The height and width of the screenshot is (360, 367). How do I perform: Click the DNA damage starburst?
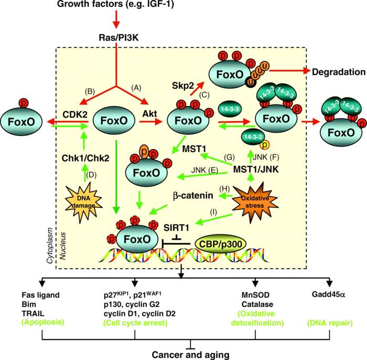[84, 202]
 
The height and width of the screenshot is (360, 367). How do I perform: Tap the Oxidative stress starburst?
[255, 202]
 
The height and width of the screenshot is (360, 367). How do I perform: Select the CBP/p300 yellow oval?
[220, 244]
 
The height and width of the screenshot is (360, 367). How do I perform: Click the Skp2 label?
[183, 86]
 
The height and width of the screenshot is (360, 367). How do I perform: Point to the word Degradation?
[339, 72]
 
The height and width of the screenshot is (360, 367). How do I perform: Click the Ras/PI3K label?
[118, 37]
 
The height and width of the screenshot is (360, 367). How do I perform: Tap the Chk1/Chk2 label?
[85, 158]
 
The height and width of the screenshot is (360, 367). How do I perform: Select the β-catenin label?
[193, 196]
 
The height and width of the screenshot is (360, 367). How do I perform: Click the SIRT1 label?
[176, 227]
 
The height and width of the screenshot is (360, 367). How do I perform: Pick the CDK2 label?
[75, 114]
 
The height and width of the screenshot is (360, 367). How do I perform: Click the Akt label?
[150, 114]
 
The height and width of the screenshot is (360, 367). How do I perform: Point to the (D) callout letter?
[91, 175]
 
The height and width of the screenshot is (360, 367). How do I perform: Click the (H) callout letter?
[224, 188]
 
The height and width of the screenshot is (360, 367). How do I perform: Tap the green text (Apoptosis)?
[43, 322]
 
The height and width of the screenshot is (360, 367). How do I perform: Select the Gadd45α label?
[328, 294]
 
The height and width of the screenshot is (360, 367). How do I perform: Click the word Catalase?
[257, 304]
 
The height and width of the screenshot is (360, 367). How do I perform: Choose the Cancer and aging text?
[190, 355]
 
